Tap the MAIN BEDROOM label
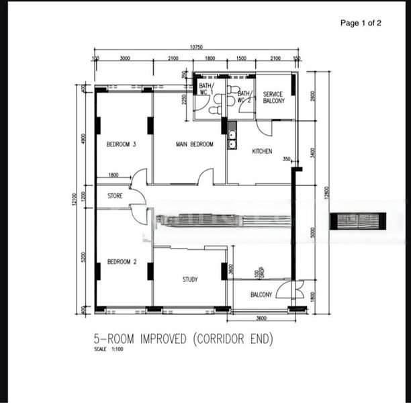(x=194, y=144)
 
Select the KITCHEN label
(x=262, y=152)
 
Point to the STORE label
(x=115, y=196)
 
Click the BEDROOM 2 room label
(x=122, y=262)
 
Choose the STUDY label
(x=190, y=279)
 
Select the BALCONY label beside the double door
(x=261, y=295)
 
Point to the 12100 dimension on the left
(x=78, y=199)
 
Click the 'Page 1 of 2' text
(x=361, y=23)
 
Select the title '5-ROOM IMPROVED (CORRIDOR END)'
(x=183, y=339)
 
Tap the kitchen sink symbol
(x=232, y=138)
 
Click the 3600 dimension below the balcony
(x=262, y=318)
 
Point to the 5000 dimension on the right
(x=312, y=232)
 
